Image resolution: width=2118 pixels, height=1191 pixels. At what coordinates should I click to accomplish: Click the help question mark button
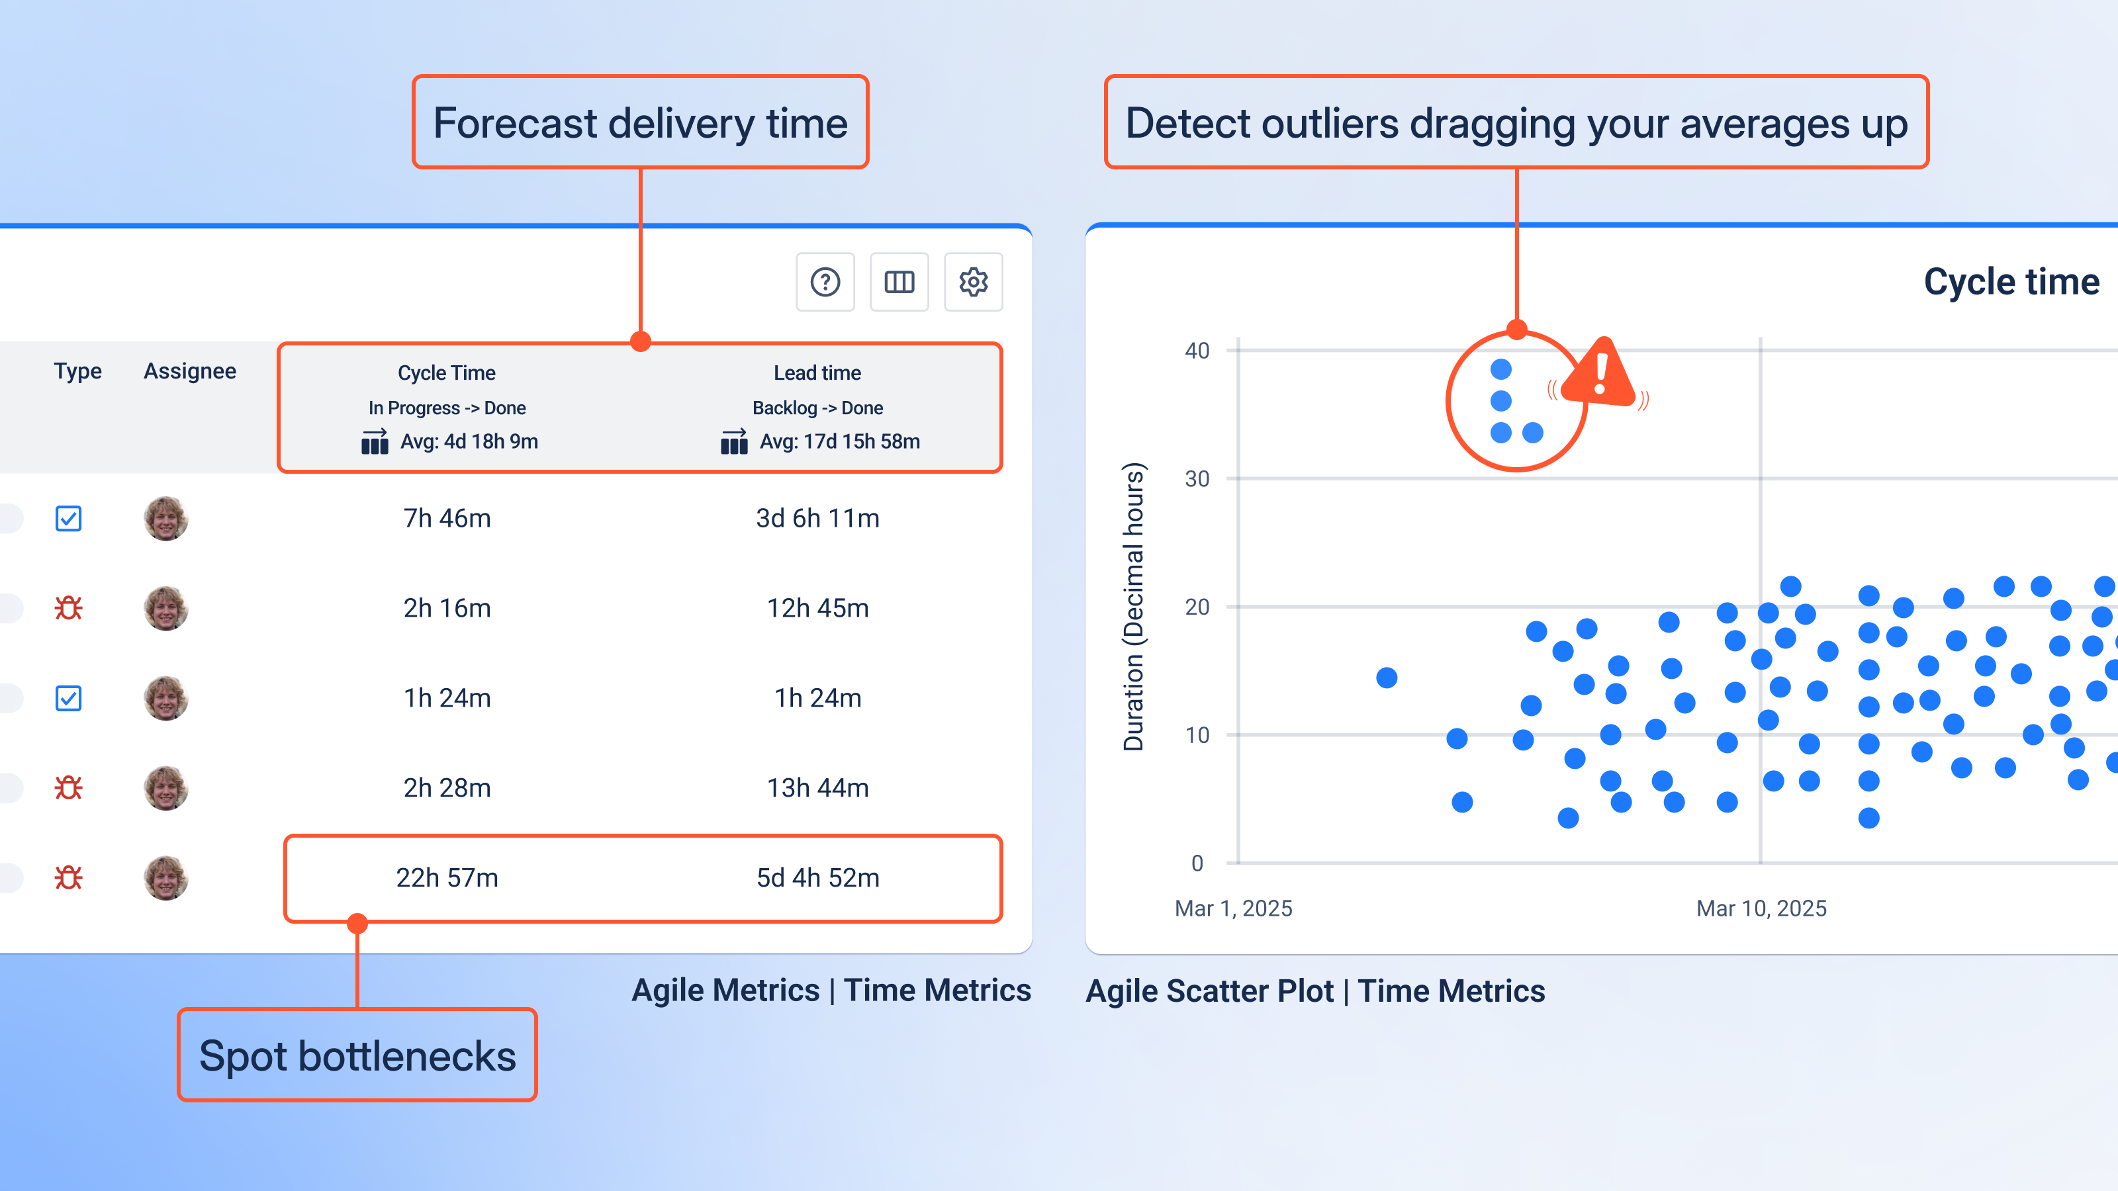coord(825,282)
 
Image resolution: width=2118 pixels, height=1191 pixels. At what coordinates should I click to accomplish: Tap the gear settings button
coord(973,282)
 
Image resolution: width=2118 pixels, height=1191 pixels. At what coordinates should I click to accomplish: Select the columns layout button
coord(899,282)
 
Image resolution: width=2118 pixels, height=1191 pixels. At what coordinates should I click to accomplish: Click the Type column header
coord(77,371)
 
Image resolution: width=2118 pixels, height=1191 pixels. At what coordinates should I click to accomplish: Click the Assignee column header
coord(190,371)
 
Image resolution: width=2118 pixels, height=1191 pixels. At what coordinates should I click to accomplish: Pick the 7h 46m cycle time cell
coord(447,519)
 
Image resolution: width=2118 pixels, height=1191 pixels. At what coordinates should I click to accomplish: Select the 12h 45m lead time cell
coord(817,608)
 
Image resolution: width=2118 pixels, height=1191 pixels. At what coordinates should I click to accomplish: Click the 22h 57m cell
coord(447,878)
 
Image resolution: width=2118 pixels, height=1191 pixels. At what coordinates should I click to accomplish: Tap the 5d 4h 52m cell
coord(817,878)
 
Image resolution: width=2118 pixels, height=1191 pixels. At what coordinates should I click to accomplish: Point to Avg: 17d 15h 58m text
coord(839,441)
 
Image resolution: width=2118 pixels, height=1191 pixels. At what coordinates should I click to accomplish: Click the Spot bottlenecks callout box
coord(357,1055)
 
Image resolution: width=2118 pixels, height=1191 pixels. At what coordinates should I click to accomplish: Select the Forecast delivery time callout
coord(639,123)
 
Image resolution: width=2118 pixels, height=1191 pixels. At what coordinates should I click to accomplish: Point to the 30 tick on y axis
coord(1196,479)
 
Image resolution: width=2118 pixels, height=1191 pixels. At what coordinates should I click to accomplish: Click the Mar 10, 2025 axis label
coord(1761,908)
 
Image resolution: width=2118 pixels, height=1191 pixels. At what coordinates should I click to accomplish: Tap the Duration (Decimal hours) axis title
coord(1134,607)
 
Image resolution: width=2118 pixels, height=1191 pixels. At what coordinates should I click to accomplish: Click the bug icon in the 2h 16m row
coord(68,608)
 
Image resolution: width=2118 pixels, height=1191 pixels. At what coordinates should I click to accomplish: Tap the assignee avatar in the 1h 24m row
coord(165,698)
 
